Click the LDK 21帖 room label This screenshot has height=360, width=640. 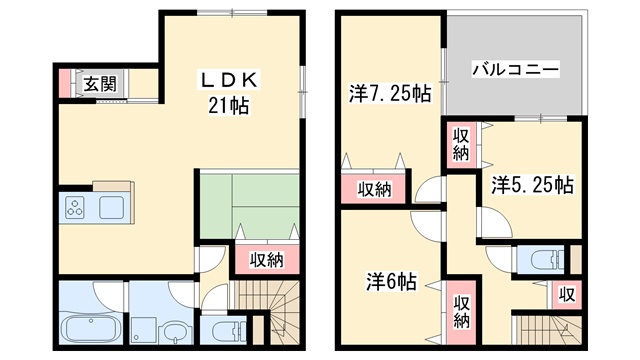229,92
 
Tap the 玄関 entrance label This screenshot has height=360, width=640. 100,84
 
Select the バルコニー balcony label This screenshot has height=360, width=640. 516,69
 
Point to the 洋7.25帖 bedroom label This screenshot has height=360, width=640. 390,94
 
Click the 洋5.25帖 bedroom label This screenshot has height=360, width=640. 532,185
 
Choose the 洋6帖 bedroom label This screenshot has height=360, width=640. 391,282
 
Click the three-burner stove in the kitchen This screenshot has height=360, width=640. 76,207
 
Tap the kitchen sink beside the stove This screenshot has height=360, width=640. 111,207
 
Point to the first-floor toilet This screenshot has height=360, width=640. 224,330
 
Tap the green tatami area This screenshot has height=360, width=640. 249,206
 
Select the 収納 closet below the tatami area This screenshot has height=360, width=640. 267,260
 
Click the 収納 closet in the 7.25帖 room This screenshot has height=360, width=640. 374,189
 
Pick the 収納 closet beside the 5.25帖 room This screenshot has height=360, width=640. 461,144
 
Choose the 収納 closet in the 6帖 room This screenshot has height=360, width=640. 461,312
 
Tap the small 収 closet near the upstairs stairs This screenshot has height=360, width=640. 567,294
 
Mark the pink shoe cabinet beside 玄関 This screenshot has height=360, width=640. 64,83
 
